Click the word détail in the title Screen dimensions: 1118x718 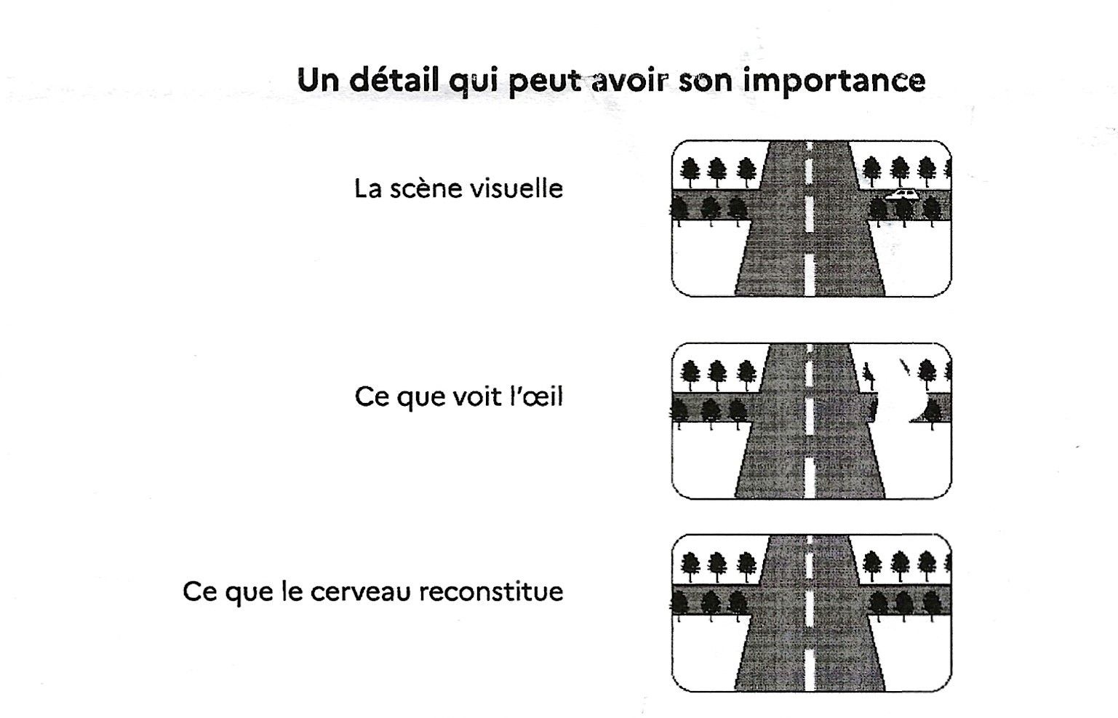394,80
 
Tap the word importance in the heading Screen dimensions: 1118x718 834,81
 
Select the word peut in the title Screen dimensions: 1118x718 545,82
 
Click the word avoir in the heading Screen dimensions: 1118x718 629,81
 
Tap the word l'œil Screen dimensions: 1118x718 537,396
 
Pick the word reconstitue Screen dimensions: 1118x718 491,591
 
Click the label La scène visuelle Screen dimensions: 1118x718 459,188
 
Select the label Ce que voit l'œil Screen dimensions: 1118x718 459,397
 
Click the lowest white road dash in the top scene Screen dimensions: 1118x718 810,274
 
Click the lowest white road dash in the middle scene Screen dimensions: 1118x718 810,479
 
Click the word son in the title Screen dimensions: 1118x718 706,81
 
